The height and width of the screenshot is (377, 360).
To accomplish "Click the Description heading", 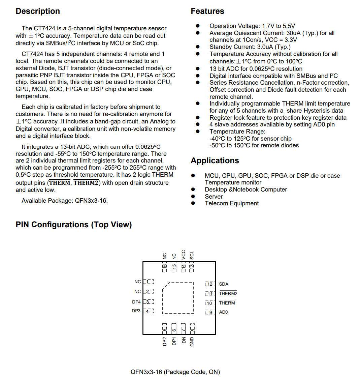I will click(38, 11).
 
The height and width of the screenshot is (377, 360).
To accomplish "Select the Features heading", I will click(207, 11).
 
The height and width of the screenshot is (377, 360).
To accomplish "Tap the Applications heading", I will click(215, 161).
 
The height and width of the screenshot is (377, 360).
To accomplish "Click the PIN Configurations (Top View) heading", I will click(74, 225).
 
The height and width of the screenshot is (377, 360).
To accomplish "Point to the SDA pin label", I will click(224, 284).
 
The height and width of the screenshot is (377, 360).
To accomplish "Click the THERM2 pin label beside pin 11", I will click(228, 293).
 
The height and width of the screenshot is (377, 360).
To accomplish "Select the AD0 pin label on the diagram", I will click(223, 312).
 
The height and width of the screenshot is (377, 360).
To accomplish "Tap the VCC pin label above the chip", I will click(183, 255).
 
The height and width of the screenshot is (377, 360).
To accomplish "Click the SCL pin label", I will click(192, 255).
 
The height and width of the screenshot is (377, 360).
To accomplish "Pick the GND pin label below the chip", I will click(192, 341).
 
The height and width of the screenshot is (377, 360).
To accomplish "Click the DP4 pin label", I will click(136, 302).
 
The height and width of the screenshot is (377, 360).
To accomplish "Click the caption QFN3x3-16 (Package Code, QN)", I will click(175, 372).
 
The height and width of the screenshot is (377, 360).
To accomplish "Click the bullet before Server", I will click(193, 196).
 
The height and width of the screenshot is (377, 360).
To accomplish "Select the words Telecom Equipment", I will click(232, 203).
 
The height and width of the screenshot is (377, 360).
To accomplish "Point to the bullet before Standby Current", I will click(198, 47).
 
